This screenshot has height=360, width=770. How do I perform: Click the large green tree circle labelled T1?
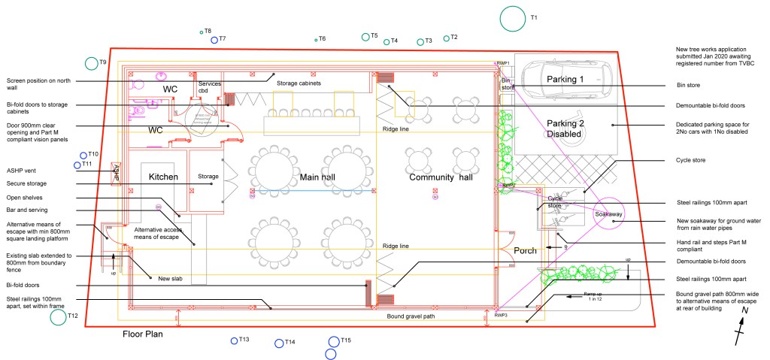(512, 17)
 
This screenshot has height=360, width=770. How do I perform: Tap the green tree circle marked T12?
(58, 317)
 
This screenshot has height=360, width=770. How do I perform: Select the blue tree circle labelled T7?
(214, 40)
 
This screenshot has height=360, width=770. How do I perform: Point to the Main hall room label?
(317, 177)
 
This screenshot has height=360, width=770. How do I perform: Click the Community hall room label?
(440, 177)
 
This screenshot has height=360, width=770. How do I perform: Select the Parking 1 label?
(565, 80)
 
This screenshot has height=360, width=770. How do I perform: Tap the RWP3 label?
(502, 316)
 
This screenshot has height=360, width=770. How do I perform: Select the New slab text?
(170, 279)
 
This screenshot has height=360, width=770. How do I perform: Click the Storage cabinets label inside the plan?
(299, 83)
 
